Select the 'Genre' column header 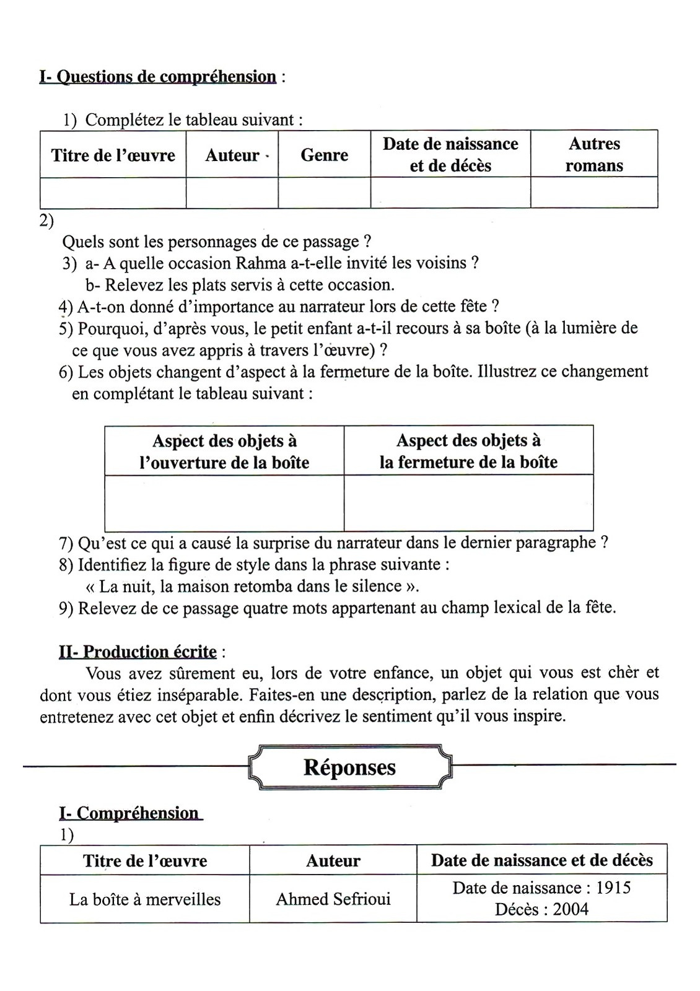324,155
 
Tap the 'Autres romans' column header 593,154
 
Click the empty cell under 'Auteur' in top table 232,193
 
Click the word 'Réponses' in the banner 349,767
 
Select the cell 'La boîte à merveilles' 145,899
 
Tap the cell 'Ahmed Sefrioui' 333,899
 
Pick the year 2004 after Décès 571,909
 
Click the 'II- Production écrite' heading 138,652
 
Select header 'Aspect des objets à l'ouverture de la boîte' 224,452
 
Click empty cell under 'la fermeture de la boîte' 468,503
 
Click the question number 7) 66,543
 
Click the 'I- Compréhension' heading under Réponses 130,813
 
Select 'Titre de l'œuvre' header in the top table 113,155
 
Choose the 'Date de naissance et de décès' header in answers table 541,860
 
